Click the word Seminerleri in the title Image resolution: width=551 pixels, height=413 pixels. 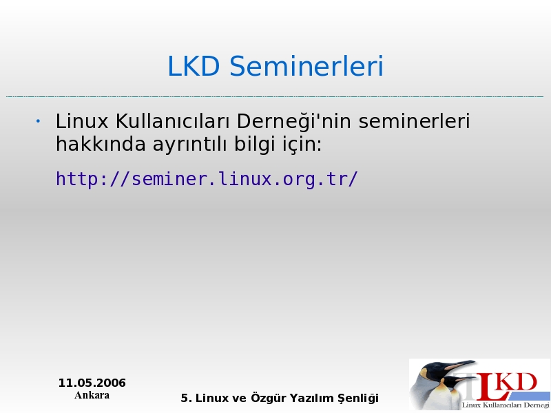point(306,66)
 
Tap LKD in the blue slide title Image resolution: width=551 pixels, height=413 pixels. point(194,66)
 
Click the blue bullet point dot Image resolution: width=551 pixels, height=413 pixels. point(38,122)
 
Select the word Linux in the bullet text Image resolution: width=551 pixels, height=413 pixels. point(82,121)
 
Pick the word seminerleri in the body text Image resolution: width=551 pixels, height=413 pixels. point(415,121)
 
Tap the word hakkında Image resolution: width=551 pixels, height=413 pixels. point(101,144)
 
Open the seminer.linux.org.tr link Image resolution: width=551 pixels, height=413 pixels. point(207,179)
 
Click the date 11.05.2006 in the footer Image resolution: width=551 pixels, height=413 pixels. point(92,383)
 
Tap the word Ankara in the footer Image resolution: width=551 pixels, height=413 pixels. point(92,395)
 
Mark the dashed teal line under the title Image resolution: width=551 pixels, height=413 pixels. point(275,96)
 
